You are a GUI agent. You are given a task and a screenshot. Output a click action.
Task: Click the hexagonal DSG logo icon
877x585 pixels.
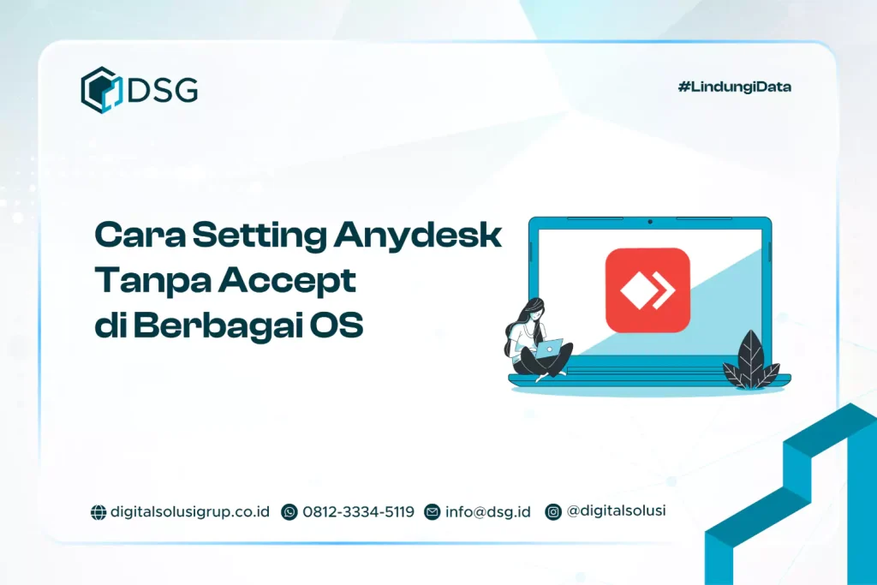pos(100,89)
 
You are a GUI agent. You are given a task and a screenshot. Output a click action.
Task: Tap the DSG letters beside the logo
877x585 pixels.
pos(163,89)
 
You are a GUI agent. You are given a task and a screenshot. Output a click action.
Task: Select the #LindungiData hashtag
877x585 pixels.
pos(734,87)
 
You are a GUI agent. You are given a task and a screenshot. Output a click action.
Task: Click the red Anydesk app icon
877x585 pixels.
pos(647,290)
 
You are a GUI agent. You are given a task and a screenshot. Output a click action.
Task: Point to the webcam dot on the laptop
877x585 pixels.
pos(650,222)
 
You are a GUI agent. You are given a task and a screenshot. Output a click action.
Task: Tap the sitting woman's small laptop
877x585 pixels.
pos(550,347)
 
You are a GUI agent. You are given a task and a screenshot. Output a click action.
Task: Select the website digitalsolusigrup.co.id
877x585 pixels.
pos(190,511)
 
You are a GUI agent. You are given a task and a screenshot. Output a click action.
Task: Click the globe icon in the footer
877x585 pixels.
pos(98,512)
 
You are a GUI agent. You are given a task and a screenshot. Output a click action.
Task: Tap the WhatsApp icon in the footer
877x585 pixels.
pos(289,512)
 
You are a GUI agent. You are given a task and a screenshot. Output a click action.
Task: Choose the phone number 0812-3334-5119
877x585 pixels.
pos(358,511)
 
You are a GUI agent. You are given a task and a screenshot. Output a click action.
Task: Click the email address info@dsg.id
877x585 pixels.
pos(487,511)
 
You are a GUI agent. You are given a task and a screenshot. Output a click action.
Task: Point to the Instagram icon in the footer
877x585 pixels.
pos(553,512)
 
